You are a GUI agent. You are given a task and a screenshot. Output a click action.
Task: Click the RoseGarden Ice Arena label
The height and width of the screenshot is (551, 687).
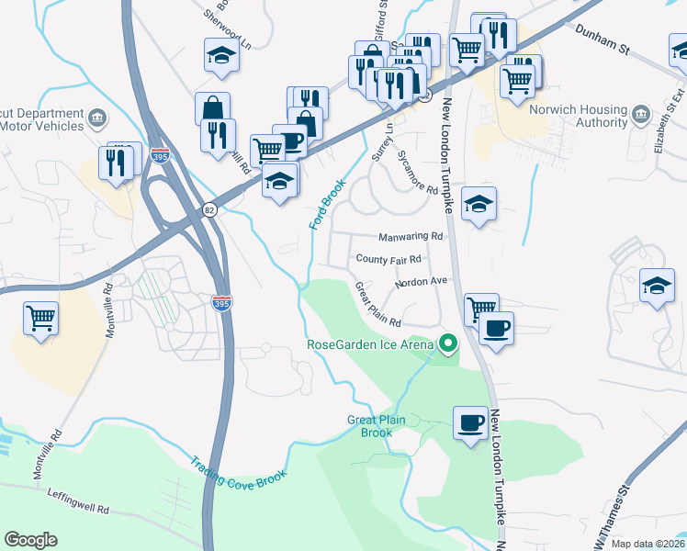coord(370,345)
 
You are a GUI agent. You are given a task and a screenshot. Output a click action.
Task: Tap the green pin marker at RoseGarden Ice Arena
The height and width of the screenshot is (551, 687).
coord(448,344)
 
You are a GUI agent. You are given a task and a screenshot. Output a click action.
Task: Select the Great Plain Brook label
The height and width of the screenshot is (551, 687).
coord(376,426)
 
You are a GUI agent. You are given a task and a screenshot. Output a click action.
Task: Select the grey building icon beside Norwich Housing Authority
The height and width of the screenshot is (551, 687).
coord(642,116)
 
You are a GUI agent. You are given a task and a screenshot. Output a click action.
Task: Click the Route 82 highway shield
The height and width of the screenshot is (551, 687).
coord(210,209)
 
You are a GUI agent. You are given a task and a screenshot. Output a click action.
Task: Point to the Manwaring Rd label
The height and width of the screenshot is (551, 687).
coord(410,237)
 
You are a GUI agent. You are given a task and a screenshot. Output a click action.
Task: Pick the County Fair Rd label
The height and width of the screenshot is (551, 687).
coord(388,260)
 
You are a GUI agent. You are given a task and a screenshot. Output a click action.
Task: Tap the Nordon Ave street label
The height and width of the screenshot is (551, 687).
coord(421,282)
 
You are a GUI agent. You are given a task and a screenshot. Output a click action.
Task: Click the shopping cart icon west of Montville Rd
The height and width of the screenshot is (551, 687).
coord(41,319)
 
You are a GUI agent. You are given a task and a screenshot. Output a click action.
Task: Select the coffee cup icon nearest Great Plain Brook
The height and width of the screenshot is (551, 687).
coord(471,422)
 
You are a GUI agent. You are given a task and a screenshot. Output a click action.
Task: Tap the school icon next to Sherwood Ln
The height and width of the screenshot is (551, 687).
coord(221,57)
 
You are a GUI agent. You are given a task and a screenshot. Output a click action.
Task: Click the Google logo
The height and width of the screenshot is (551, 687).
coord(30,540)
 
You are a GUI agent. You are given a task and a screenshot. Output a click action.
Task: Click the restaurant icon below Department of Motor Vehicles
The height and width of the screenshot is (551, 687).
coord(117,163)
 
